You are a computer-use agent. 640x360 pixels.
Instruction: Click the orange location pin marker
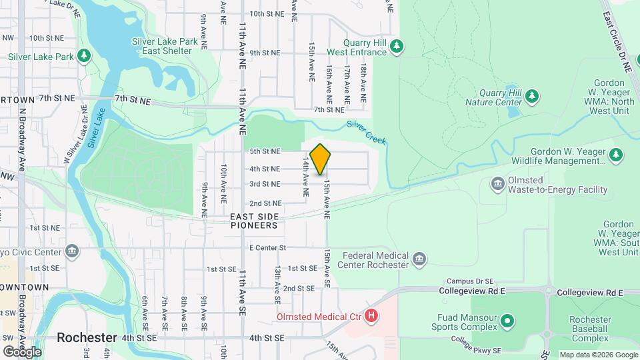tap(320, 159)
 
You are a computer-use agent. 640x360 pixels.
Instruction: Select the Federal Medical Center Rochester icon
tap(419, 260)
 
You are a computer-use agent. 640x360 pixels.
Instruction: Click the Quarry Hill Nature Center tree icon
tap(531, 97)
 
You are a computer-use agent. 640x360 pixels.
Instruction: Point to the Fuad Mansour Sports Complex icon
tap(507, 322)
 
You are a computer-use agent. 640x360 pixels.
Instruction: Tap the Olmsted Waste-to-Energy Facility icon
tap(497, 183)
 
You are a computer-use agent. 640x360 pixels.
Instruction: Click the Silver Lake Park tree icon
tap(83, 55)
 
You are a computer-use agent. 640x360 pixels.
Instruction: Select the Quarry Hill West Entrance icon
tap(397, 45)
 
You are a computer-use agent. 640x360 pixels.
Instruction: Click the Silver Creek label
tap(366, 130)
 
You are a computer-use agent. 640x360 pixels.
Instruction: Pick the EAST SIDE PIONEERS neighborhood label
tap(253, 221)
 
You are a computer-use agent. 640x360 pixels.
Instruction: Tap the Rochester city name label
tap(87, 337)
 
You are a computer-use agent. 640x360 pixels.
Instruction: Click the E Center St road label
tap(267, 248)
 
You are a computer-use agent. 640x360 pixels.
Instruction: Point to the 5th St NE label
tap(265, 152)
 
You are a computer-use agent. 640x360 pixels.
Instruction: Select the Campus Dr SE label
tap(469, 281)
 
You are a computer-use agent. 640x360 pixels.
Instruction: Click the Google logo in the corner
tap(22, 351)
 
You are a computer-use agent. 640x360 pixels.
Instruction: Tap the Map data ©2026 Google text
tap(598, 355)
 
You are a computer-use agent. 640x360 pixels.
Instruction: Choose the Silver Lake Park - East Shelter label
tap(165, 46)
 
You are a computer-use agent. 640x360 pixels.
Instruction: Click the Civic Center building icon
tap(73, 251)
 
